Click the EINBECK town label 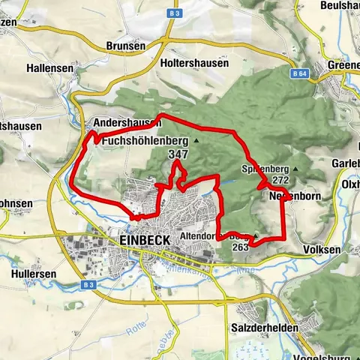pos(145,239)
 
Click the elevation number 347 pos(178,154)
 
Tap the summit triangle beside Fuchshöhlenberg pos(196,140)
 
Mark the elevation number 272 pos(281,181)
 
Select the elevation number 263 pos(241,247)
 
